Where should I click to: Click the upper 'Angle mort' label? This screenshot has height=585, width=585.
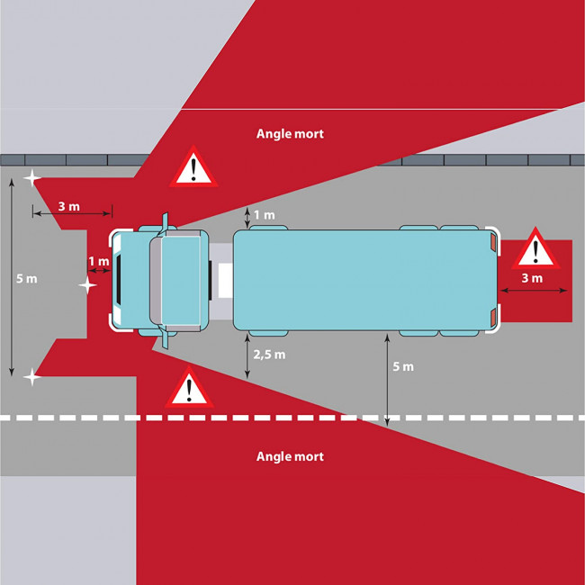point(290,134)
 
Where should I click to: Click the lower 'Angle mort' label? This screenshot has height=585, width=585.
point(290,456)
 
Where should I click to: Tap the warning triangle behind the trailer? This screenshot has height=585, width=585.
point(535,248)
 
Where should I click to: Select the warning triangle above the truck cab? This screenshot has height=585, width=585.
point(193,167)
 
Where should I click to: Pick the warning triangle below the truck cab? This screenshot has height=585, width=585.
point(189,388)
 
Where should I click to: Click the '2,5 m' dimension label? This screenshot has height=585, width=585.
point(269,355)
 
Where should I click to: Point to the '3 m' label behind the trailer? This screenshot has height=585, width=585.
point(532,278)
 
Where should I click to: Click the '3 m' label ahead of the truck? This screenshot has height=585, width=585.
point(69,206)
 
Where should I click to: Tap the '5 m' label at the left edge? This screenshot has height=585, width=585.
point(26,279)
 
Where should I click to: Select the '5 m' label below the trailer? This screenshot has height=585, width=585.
point(403,366)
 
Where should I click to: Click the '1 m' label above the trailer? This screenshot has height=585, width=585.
point(265,215)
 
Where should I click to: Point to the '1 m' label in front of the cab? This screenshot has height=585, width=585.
point(99,261)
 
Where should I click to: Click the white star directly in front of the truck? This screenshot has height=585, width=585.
point(87,285)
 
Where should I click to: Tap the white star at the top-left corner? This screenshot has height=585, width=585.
point(32,178)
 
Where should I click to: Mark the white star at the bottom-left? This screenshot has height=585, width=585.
point(32,377)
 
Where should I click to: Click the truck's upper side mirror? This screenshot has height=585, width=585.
point(164,223)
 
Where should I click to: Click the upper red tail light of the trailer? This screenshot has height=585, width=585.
point(493,241)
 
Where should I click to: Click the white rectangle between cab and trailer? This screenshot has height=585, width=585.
point(225,281)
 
